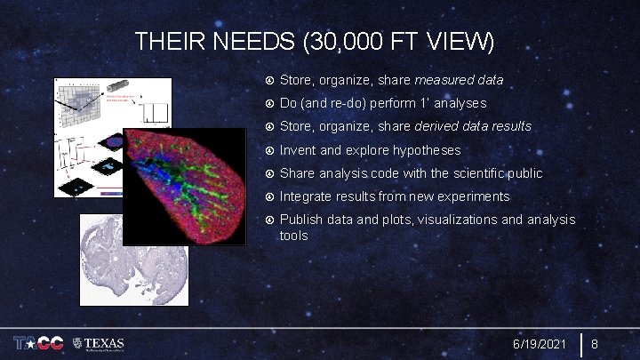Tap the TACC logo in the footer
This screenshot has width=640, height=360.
37,344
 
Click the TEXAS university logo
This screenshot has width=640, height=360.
100,344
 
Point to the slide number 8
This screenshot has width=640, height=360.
596,344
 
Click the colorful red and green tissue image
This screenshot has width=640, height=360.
185,187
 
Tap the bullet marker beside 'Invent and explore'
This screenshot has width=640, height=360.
269,150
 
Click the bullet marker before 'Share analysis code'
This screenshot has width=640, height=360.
269,173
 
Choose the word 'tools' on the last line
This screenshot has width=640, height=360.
294,236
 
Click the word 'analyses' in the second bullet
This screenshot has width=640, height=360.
456,104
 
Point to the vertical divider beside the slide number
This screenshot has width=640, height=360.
580,344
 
